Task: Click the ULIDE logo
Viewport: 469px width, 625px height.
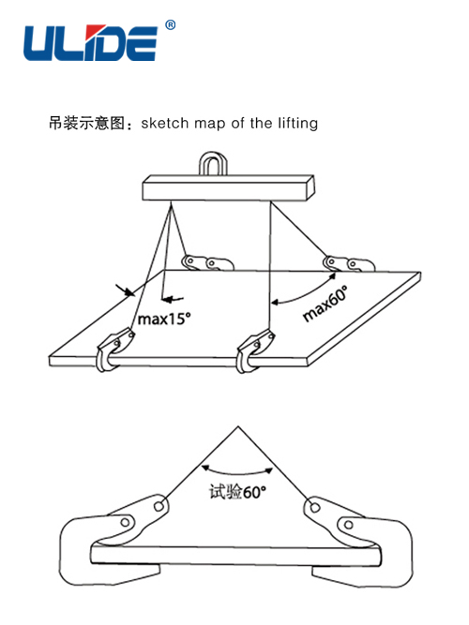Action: tap(90, 43)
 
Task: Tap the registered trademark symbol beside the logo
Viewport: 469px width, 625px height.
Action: tap(171, 25)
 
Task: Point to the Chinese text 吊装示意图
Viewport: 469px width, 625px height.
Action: tap(87, 123)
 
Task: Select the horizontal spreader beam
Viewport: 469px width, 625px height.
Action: tap(228, 187)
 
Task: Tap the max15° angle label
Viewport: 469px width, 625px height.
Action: tap(164, 319)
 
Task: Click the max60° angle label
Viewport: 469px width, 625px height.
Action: tap(325, 304)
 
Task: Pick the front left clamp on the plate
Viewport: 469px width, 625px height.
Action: tap(113, 350)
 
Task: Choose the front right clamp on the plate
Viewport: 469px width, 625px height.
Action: tap(254, 350)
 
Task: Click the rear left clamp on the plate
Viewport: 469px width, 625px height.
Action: tap(207, 262)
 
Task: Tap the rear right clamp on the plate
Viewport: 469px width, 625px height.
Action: tap(348, 263)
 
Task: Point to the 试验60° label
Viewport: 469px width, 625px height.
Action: tap(238, 492)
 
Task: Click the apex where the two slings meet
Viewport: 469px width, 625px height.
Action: tap(238, 426)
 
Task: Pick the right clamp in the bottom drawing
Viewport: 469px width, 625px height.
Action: tap(358, 543)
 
